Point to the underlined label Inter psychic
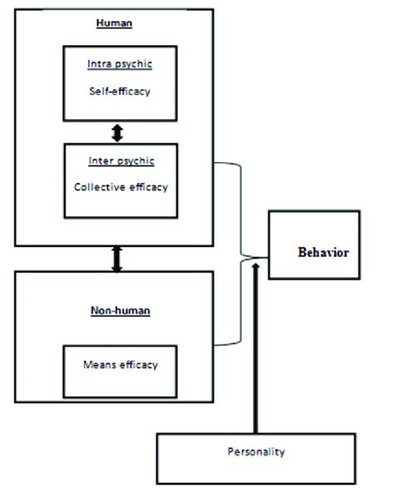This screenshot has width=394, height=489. tap(121, 161)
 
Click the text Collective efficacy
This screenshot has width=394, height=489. tap(121, 187)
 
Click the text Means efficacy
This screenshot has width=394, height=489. tap(121, 364)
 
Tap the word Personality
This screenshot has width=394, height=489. tap(256, 452)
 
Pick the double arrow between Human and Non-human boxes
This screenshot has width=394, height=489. tap(117, 259)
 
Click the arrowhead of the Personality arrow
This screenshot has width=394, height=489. tap(255, 266)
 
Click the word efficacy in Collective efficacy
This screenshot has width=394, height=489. tap(145, 187)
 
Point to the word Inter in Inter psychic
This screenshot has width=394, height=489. tap(101, 161)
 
